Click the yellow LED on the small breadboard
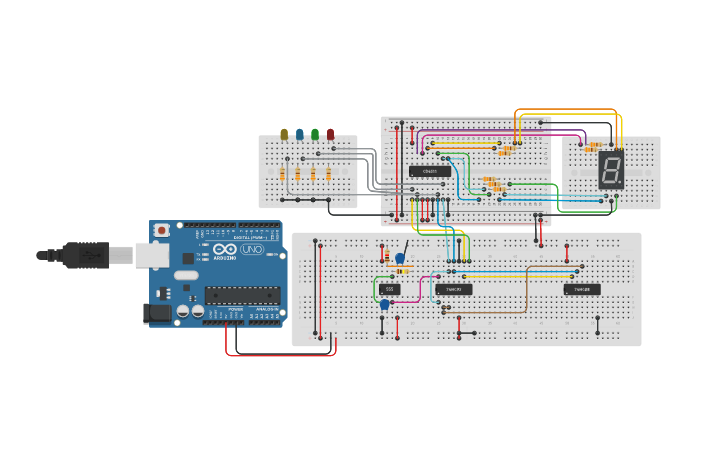(x=284, y=134)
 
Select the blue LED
(x=299, y=134)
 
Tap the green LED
(x=315, y=134)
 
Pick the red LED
(x=330, y=134)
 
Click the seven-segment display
(x=611, y=170)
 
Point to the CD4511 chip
(x=429, y=172)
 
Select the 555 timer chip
(x=389, y=289)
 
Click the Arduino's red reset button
(x=162, y=231)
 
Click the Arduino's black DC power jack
(x=157, y=313)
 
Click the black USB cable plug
(x=85, y=256)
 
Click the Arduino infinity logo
(x=224, y=250)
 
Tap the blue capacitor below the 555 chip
(x=384, y=304)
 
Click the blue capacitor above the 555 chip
(x=400, y=258)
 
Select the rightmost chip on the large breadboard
(x=582, y=289)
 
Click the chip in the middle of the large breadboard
(x=454, y=289)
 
